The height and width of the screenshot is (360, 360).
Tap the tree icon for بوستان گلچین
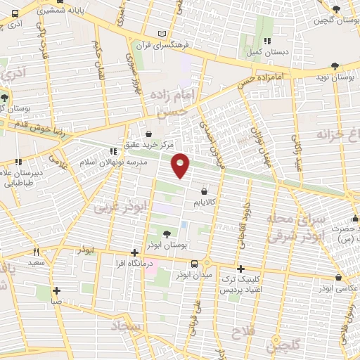[337, 8]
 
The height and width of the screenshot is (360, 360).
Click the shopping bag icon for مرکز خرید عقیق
[148, 133]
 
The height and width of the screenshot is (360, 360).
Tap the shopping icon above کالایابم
[205, 191]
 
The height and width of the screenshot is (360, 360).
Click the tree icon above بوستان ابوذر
[165, 235]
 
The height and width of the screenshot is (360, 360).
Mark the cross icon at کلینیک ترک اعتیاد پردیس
[240, 269]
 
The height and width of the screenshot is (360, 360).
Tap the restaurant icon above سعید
[37, 251]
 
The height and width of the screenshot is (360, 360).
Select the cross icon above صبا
[56, 290]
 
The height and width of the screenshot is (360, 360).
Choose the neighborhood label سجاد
[127, 327]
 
